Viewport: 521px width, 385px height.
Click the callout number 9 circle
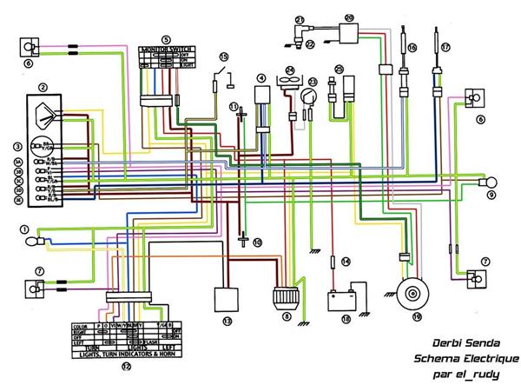click(491, 196)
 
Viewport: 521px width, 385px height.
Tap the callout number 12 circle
click(125, 368)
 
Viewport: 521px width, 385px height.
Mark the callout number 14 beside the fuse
click(345, 261)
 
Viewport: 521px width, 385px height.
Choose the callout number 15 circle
click(223, 56)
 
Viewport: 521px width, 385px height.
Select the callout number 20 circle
click(350, 17)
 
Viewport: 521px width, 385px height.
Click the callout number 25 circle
click(340, 69)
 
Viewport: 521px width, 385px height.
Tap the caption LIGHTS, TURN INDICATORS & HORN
click(124, 352)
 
